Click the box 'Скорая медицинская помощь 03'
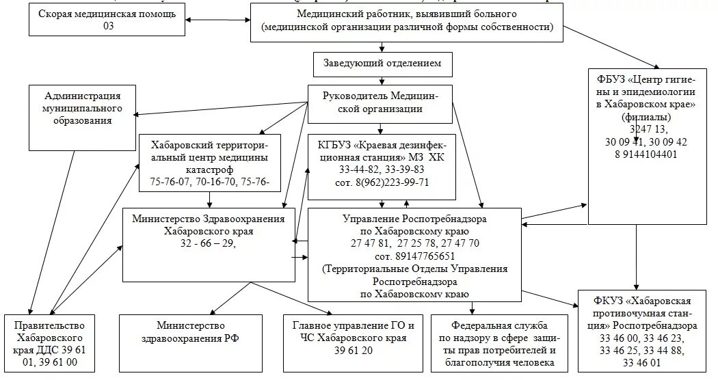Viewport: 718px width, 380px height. pos(107,20)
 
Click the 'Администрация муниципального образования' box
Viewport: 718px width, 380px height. pos(83,108)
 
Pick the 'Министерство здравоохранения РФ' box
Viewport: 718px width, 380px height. pos(191,332)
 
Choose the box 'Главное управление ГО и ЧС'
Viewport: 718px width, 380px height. pos(354,332)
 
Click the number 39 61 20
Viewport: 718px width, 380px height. pos(354,350)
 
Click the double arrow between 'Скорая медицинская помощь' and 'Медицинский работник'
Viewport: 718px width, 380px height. pos(218,19)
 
